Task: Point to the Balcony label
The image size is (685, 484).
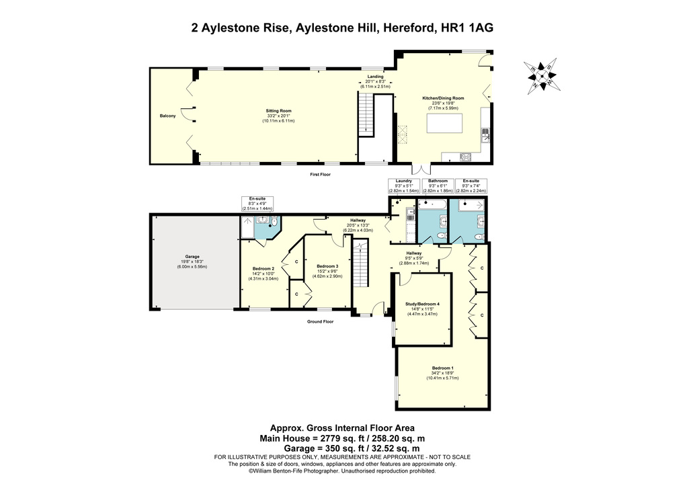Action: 167,116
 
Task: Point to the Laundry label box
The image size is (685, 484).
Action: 403,186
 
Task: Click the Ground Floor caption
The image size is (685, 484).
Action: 321,321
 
